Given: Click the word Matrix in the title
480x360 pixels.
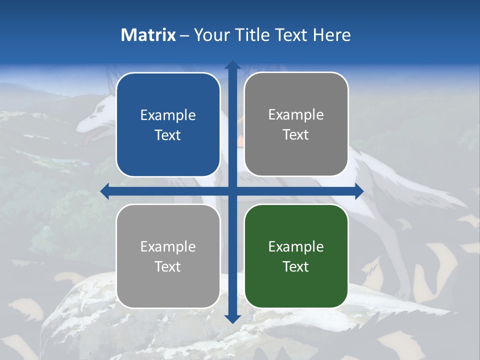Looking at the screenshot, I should (148, 35).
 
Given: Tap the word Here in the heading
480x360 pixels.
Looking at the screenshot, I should (331, 35).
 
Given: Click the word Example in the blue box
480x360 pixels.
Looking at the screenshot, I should (168, 115).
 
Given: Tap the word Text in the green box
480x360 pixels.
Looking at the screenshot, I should (296, 266).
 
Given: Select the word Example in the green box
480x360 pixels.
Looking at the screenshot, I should (296, 246).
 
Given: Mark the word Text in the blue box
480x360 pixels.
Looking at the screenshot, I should (168, 135).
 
